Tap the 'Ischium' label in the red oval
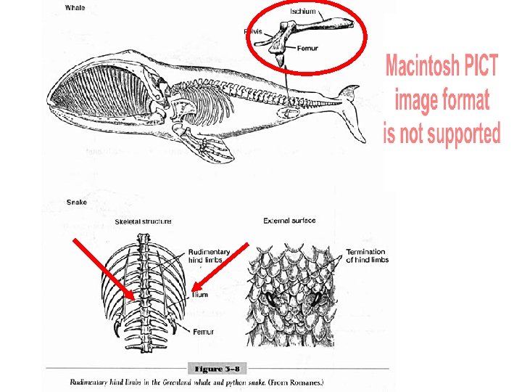point(302,11)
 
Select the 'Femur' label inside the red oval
point(307,49)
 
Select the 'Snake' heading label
point(75,202)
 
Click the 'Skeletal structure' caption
point(143,221)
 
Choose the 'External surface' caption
point(289,221)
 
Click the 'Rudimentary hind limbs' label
point(209,256)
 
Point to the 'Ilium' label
point(200,295)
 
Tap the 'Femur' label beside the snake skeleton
point(203,331)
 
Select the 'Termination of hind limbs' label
point(367,256)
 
